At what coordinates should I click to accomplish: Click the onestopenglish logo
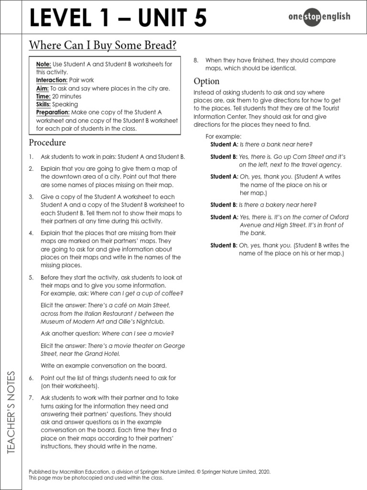pos(319,17)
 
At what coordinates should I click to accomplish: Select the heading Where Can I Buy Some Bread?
pos(103,45)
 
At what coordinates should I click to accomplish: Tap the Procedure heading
pos(47,143)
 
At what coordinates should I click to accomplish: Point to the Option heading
pos(206,81)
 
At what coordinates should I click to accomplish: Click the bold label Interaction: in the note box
pos(52,80)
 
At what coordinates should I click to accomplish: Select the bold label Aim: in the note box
pos(43,89)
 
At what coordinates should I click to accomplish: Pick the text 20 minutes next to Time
pos(66,96)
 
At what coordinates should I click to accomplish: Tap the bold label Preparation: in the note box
pos(53,112)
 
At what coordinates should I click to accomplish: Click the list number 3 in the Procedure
pos(31,197)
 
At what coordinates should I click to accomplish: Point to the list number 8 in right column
pos(196,60)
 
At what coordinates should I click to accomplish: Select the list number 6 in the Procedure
pos(31,378)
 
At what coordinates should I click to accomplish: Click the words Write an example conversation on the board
pos(104,366)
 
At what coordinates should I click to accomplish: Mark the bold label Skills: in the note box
pos(43,104)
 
